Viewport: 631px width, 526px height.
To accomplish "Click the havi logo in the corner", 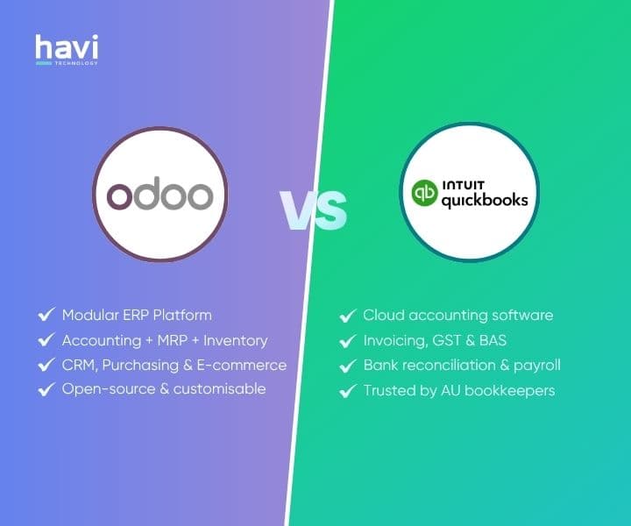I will tap(67, 49).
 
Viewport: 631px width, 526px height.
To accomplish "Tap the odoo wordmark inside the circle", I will tap(160, 195).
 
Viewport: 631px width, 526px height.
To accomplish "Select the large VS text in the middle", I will tap(314, 208).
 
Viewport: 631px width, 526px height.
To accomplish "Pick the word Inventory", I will tap(235, 340).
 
